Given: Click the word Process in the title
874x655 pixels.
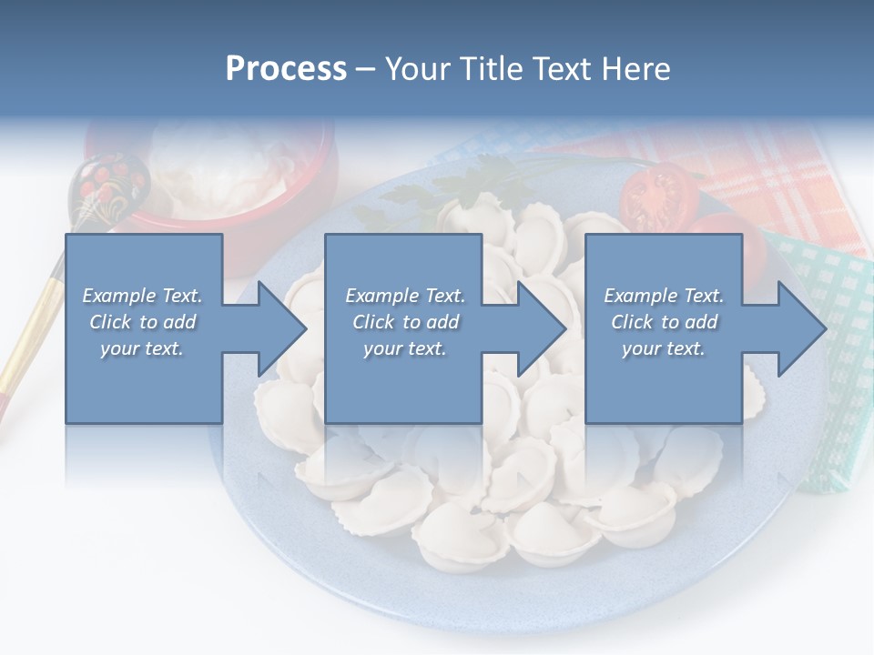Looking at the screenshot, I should pos(286,69).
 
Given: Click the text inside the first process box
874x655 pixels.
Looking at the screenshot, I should pos(142,322).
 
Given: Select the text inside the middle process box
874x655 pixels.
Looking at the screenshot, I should pos(405,322).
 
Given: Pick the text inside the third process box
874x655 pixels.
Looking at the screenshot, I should pos(664,322).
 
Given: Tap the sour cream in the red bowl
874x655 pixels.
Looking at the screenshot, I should pos(218,164).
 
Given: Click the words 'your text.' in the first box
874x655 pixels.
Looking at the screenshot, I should pos(142,348).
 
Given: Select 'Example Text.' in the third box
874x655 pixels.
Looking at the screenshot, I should pos(664,296).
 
